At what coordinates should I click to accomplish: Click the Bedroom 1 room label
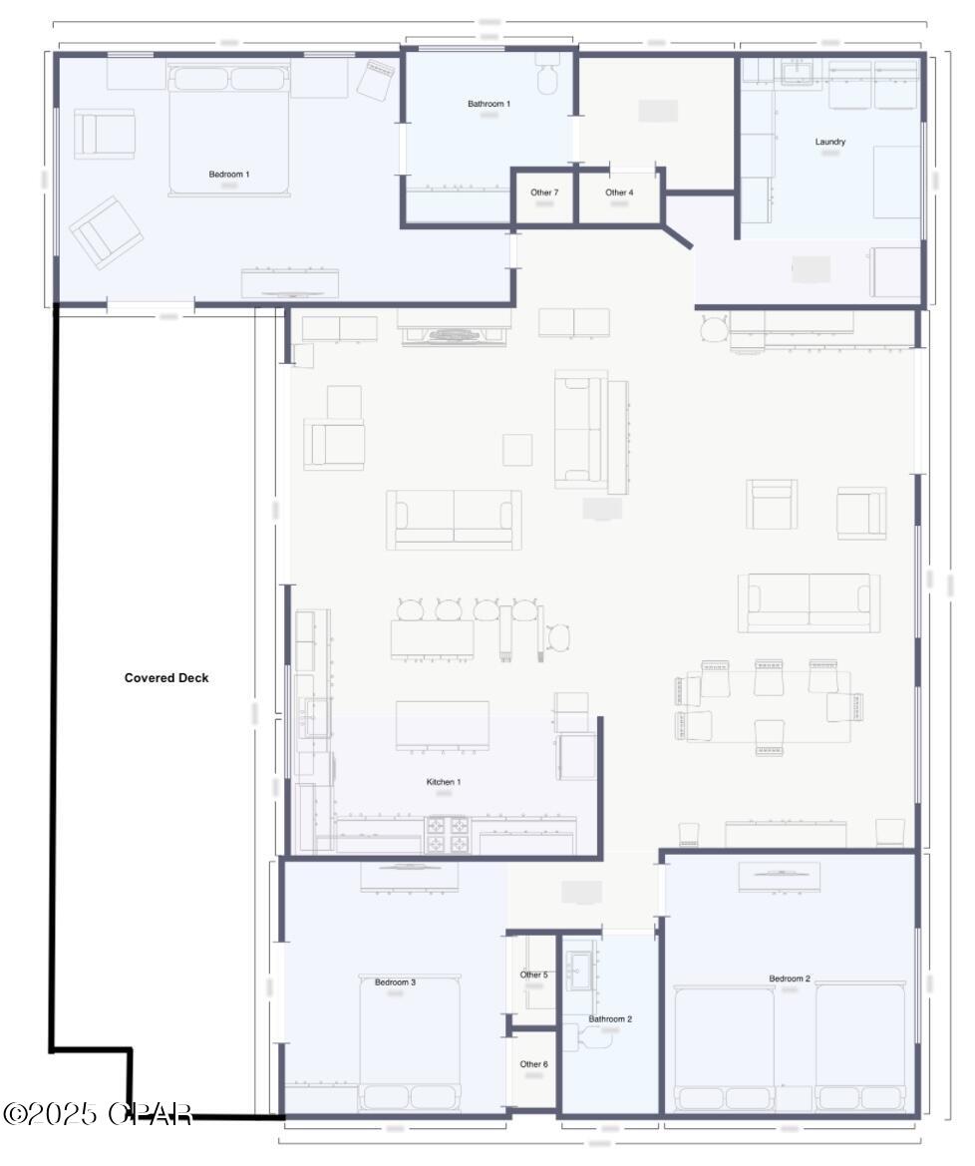228,175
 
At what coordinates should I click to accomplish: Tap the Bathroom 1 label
488,104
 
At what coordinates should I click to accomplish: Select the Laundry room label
829,142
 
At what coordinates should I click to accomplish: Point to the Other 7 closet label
543,193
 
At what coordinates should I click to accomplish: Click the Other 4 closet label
618,193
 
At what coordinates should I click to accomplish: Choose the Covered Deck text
166,678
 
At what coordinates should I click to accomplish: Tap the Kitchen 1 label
444,782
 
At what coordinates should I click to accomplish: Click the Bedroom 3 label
395,982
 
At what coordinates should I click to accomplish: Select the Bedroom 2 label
789,978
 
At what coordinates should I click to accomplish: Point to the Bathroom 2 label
610,1019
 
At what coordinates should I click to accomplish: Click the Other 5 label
533,974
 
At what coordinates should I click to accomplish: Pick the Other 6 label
533,1064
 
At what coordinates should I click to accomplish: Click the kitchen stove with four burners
448,835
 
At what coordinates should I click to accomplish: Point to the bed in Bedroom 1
229,130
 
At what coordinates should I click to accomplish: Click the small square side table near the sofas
516,450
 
